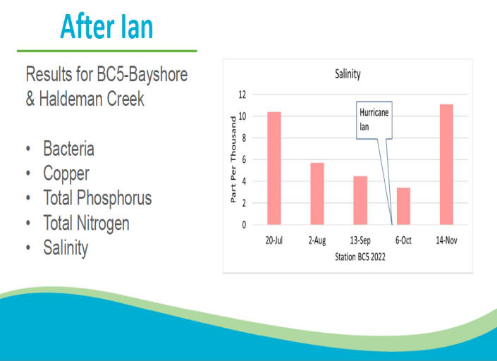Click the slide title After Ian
[x=106, y=26]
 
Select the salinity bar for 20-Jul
[x=274, y=169]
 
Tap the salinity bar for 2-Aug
[x=317, y=194]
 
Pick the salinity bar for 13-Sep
[x=360, y=200]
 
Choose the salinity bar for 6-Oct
[x=403, y=206]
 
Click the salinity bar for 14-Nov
[x=446, y=164]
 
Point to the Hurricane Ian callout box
[x=374, y=121]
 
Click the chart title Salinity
[x=347, y=74]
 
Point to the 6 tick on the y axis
[x=244, y=160]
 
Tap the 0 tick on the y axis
[x=244, y=225]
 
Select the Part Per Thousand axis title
[x=233, y=159]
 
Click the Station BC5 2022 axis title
[x=360, y=257]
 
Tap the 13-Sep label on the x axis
[x=360, y=240]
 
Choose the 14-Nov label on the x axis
[x=446, y=240]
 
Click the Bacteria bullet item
[x=68, y=149]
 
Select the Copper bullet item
[x=66, y=173]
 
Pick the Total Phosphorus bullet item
[x=97, y=198]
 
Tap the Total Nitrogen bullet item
[x=86, y=224]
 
